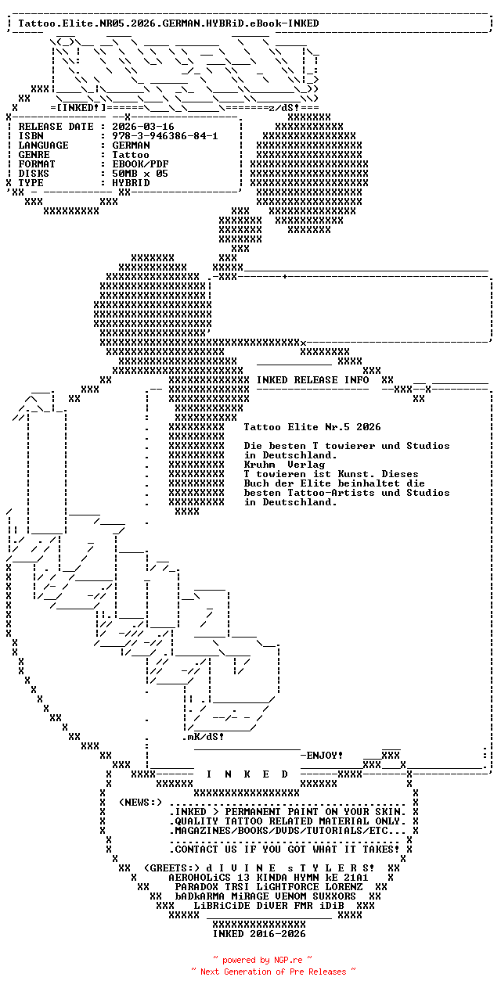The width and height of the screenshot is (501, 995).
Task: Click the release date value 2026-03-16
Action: click(143, 127)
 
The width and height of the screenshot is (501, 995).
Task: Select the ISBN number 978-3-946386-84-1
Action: click(164, 136)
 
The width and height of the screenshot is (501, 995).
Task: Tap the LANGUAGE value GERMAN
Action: click(131, 145)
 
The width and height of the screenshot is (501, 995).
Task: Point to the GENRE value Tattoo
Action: click(131, 155)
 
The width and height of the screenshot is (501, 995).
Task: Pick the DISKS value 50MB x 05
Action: click(140, 174)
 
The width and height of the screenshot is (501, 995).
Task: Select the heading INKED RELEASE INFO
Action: click(312, 380)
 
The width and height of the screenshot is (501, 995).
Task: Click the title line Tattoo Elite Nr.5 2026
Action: click(312, 427)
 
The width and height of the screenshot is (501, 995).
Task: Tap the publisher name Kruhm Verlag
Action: click(284, 465)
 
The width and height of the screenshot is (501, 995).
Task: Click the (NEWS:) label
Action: click(140, 803)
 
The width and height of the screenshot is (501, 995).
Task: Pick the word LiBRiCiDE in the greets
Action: click(222, 906)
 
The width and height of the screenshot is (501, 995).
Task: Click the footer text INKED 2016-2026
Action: click(259, 934)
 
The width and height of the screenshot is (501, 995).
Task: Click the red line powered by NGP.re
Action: click(263, 960)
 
